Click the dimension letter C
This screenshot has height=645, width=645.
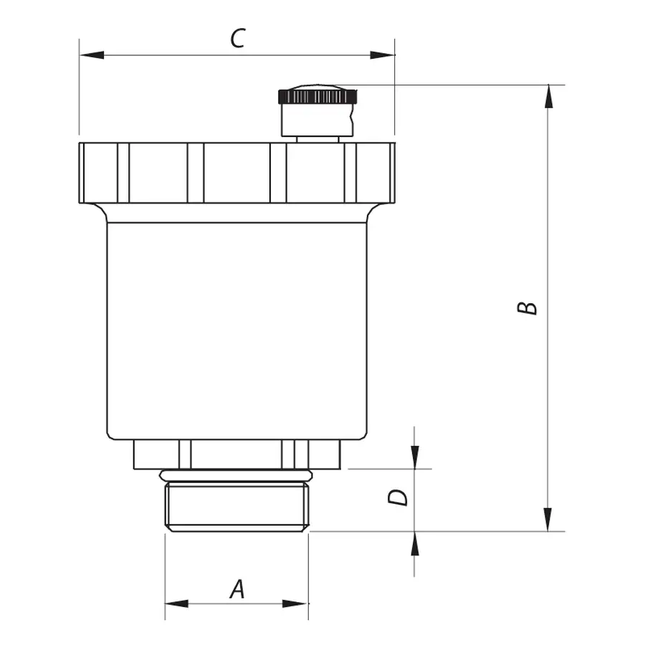tap(237, 39)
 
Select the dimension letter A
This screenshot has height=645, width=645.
tap(237, 589)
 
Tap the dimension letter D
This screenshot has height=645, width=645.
tap(398, 497)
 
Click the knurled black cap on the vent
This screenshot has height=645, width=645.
tap(317, 95)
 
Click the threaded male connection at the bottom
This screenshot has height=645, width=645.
tap(237, 507)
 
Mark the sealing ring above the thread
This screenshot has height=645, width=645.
tap(236, 475)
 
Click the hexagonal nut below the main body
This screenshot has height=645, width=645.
tap(236, 454)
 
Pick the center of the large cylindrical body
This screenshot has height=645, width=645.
tap(236, 330)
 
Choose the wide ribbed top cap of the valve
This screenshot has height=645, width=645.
tap(236, 173)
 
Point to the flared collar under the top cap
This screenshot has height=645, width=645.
tap(236, 213)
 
